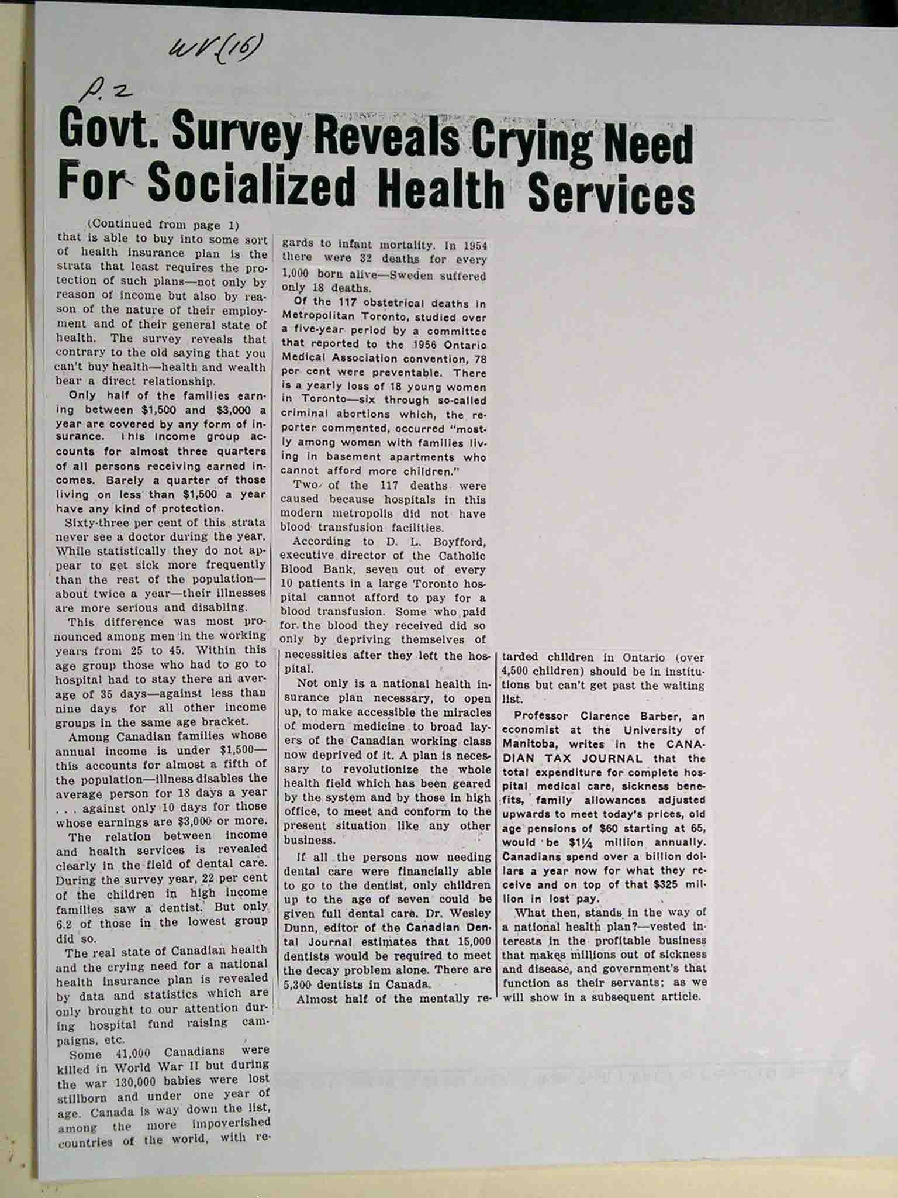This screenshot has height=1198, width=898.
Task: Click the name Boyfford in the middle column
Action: click(x=459, y=541)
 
